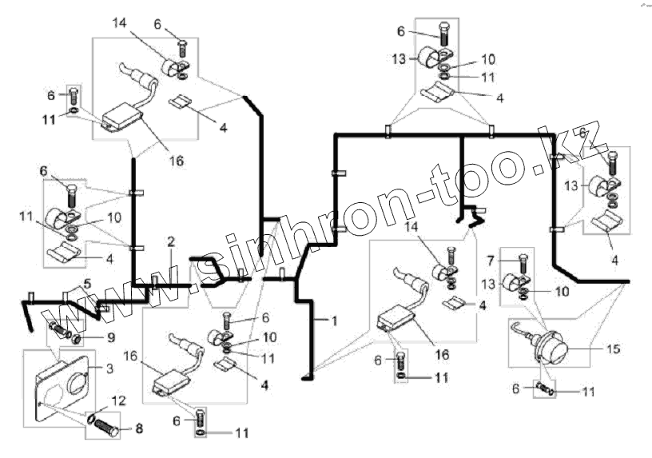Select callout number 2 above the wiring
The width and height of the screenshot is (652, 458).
(170, 241)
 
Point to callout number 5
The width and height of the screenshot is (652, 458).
(87, 283)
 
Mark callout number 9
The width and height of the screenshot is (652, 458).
(110, 337)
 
